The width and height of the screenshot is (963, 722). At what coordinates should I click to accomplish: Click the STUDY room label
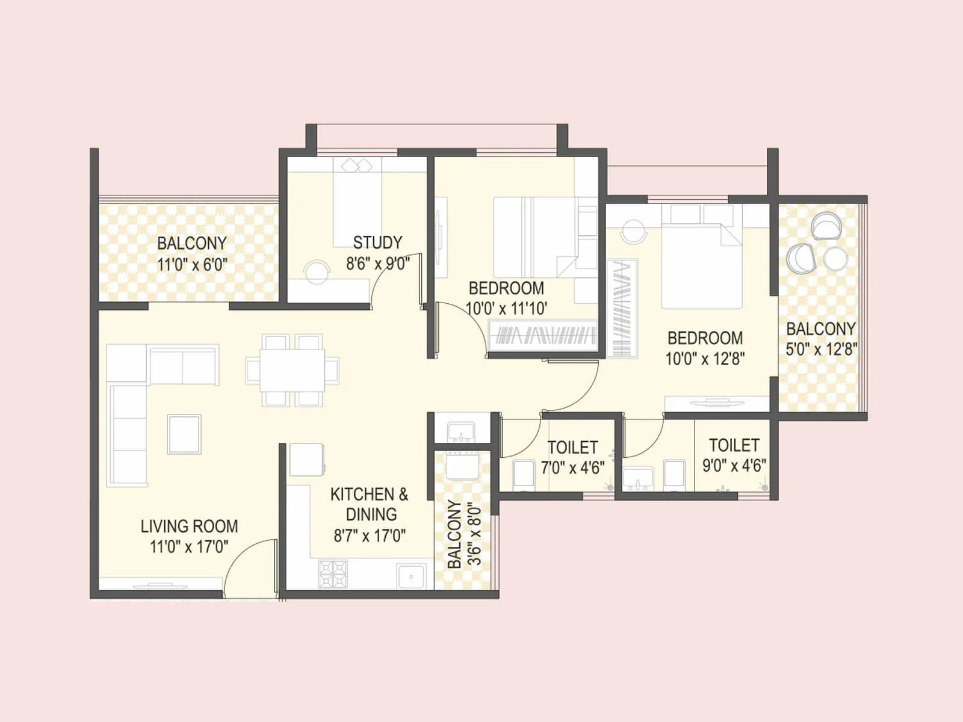point(377,242)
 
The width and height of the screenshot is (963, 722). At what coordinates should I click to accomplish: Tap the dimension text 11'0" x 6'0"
point(192,264)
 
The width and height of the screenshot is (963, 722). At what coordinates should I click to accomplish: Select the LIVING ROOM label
point(189,526)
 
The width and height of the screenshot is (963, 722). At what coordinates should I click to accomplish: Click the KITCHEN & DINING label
point(370,504)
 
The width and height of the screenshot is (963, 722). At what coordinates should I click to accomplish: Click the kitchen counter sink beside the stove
point(412,576)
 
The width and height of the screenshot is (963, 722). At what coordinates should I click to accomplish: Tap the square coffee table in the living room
point(184,434)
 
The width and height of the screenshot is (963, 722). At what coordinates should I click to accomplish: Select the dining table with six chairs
point(292,370)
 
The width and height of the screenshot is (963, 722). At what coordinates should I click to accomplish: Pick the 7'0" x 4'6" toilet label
point(572,467)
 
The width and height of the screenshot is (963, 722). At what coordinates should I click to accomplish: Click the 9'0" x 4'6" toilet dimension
point(734,465)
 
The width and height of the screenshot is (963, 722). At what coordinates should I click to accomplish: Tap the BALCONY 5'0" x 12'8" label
point(821,339)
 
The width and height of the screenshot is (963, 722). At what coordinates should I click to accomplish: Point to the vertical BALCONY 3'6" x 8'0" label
point(465,534)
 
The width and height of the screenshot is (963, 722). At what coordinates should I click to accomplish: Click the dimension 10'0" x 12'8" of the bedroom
point(705,359)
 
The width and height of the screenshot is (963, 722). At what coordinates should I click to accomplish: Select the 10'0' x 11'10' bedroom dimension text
point(506,309)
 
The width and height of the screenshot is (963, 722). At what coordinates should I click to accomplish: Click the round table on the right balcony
point(835,259)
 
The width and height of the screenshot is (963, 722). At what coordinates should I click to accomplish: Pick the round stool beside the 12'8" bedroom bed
point(633,232)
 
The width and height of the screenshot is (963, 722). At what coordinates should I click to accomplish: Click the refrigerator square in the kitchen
point(307,460)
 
